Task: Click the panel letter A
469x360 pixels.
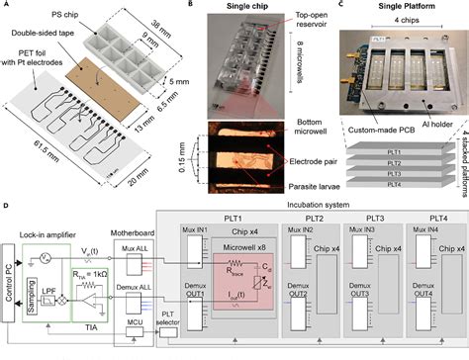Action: click(7, 6)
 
